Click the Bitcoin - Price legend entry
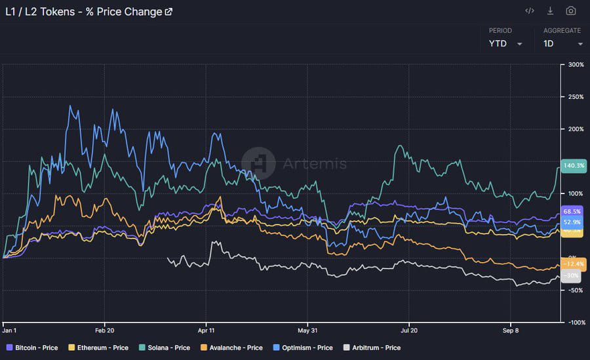32,348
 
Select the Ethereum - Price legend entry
98,348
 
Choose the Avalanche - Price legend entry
233,348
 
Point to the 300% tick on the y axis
576,65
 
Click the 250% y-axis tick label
576,97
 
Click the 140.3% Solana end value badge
574,166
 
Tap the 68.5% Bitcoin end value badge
573,212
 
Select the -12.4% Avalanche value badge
573,264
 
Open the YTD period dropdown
505,44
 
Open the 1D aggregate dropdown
562,44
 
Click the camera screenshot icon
570,11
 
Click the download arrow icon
551,11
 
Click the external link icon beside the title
168,12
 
